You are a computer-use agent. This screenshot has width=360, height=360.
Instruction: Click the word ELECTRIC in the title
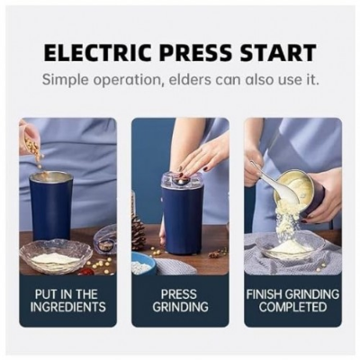[x=94, y=52]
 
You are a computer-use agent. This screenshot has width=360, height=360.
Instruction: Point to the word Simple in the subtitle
[x=70, y=79]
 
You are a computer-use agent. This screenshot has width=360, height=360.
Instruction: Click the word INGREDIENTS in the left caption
[x=67, y=306]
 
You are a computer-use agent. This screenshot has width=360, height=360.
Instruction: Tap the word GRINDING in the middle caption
[x=179, y=306]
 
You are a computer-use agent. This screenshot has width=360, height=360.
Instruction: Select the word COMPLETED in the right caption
[x=292, y=306]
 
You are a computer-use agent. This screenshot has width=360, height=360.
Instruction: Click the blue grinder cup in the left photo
[x=51, y=207]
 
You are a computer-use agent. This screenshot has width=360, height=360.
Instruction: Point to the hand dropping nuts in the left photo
[x=28, y=135]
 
